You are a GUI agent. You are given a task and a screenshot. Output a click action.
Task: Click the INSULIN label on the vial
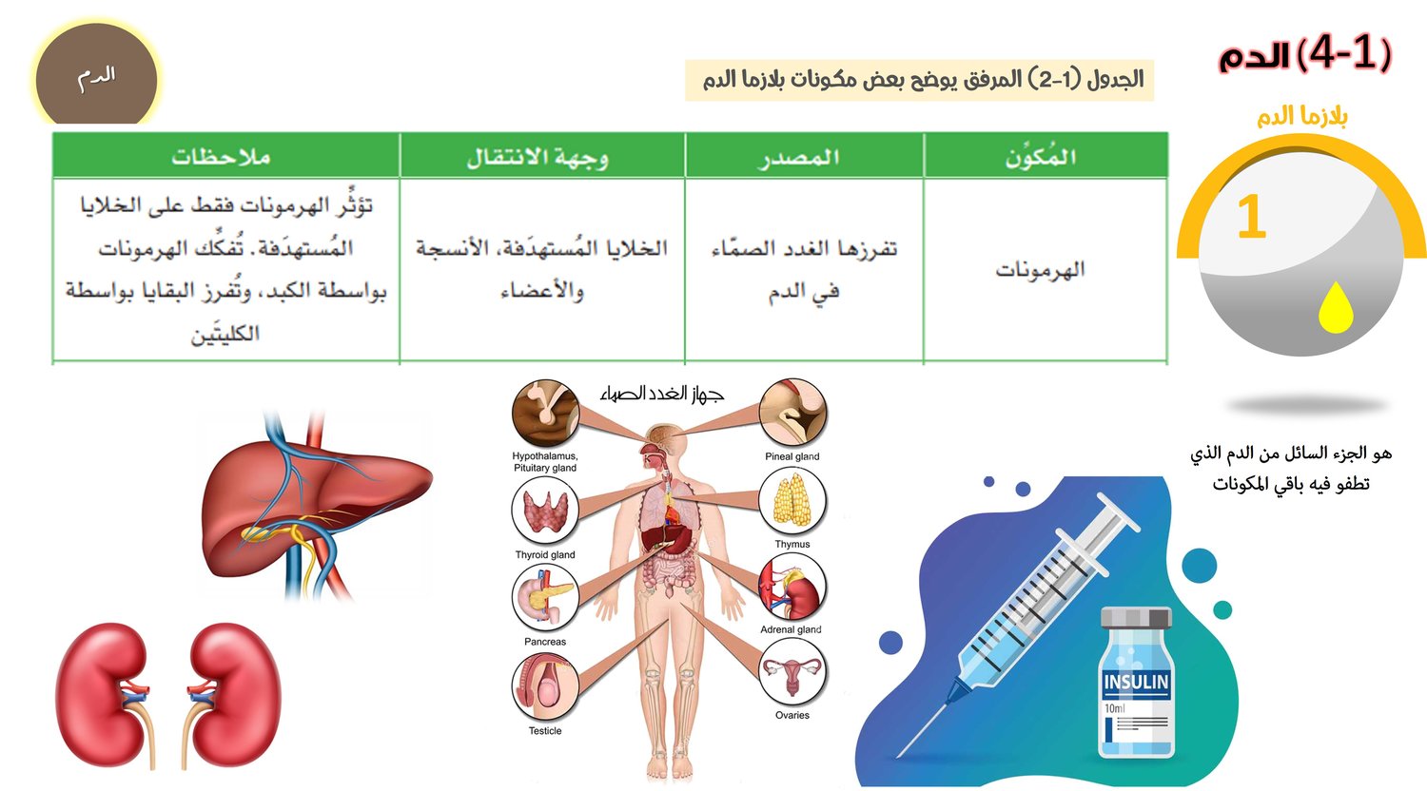click(x=1136, y=682)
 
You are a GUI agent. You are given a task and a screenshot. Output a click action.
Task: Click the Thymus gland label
click(x=792, y=544)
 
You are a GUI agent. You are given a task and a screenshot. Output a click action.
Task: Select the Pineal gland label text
click(x=792, y=456)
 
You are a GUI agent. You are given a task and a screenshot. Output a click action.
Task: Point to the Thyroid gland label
click(x=545, y=554)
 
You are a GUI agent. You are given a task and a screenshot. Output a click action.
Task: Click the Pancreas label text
click(x=545, y=642)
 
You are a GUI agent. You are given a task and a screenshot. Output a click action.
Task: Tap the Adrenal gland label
click(x=791, y=629)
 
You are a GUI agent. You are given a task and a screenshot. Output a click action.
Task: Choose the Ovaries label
click(x=792, y=715)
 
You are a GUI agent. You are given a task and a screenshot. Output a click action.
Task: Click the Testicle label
click(x=545, y=731)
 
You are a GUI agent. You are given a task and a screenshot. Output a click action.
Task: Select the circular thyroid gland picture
click(x=545, y=511)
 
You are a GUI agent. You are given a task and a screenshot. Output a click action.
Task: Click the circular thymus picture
click(x=792, y=501)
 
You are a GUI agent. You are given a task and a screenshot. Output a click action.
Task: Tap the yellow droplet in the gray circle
click(x=1336, y=307)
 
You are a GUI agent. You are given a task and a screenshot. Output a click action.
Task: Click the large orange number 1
click(x=1251, y=217)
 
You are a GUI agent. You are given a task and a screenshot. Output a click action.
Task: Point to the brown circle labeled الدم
click(x=96, y=75)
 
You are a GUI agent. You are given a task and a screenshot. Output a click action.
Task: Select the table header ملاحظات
click(x=221, y=157)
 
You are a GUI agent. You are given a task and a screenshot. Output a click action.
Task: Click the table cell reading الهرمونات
click(x=1040, y=270)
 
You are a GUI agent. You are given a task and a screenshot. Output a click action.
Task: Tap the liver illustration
click(x=315, y=503)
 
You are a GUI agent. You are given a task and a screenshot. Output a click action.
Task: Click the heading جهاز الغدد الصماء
click(x=662, y=394)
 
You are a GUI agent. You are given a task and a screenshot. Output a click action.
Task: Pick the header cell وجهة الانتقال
click(x=538, y=157)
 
